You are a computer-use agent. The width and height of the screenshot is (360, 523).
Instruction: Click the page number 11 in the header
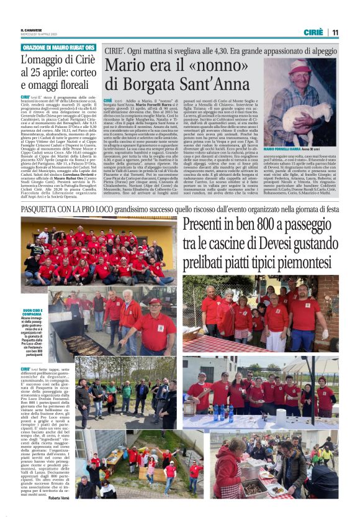(x=335, y=32)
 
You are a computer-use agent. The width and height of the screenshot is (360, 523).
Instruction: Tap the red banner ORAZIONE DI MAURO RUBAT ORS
(x=58, y=47)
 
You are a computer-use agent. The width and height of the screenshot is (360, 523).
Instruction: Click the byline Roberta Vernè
(x=59, y=498)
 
